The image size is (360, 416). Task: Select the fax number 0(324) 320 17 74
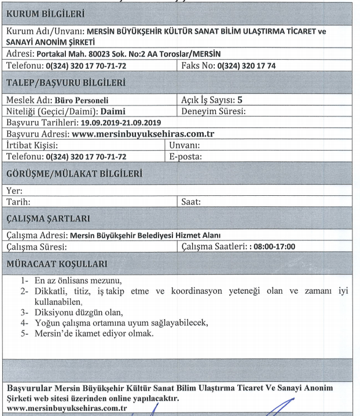tap(246, 66)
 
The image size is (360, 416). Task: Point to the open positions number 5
tap(248, 100)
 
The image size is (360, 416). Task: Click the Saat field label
tap(191, 202)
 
